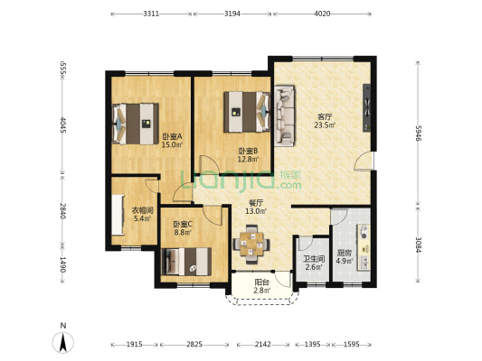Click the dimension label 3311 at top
pyautogui.click(x=151, y=14)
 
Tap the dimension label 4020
pyautogui.click(x=322, y=14)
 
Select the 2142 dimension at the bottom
pyautogui.click(x=263, y=345)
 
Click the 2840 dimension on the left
pyautogui.click(x=62, y=211)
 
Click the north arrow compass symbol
pyautogui.click(x=63, y=339)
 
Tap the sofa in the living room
pyautogui.click(x=284, y=116)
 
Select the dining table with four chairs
pyautogui.click(x=251, y=245)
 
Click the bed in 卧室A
pyautogui.click(x=136, y=124)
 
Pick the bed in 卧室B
pyautogui.click(x=247, y=112)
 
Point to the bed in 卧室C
pyautogui.click(x=186, y=262)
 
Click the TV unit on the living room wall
pyautogui.click(x=367, y=108)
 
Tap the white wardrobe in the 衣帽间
pyautogui.click(x=118, y=215)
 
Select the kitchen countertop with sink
pyautogui.click(x=364, y=247)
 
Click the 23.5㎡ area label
pyautogui.click(x=325, y=125)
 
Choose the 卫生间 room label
pyautogui.click(x=314, y=259)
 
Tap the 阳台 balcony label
pyautogui.click(x=262, y=282)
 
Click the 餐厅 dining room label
pyautogui.click(x=256, y=203)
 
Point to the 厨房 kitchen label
pyautogui.click(x=345, y=254)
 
